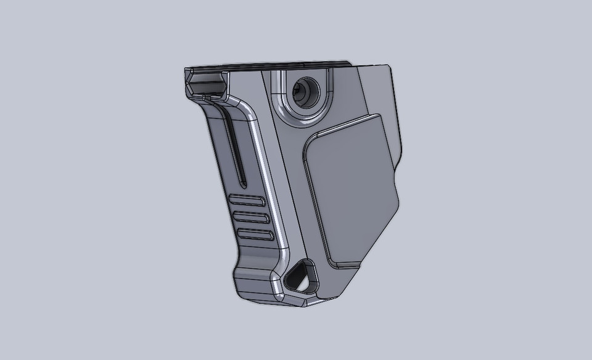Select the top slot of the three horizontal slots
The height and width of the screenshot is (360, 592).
click(249, 201)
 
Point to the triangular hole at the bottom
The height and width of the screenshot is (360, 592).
click(299, 275)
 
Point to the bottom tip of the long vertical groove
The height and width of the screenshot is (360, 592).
click(242, 184)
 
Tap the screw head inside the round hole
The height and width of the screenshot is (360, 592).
click(302, 92)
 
